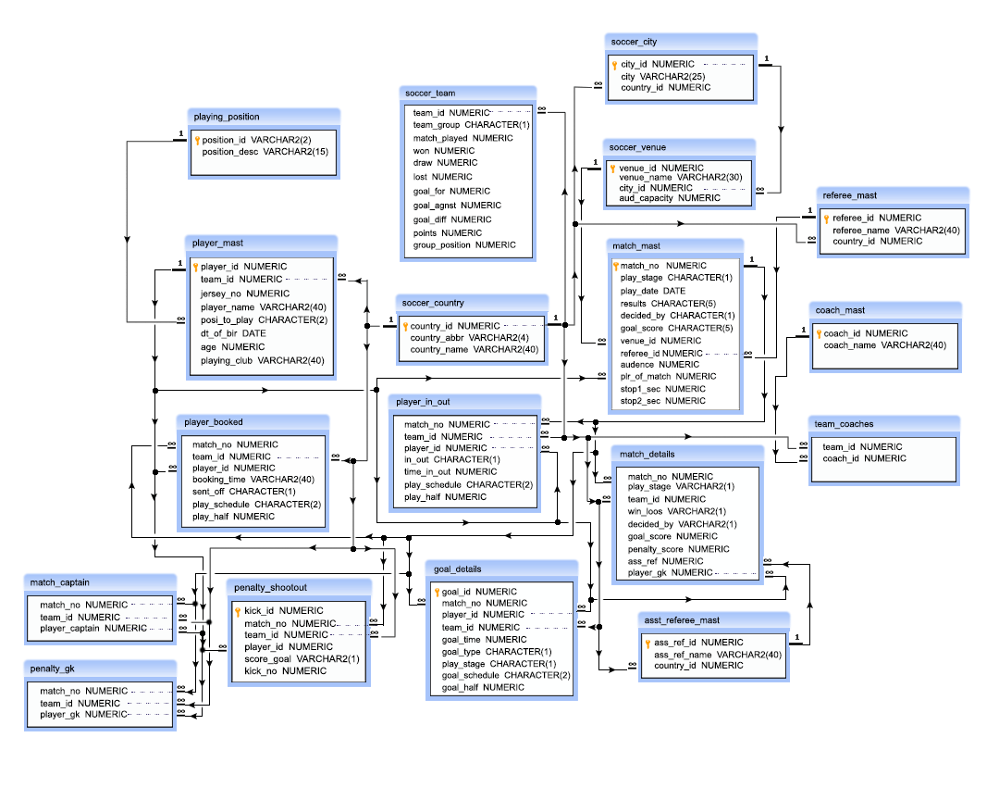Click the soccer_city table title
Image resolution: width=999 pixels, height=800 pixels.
(x=635, y=42)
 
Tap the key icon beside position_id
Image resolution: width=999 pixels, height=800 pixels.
(x=197, y=140)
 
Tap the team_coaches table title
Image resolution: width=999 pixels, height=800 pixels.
(x=844, y=423)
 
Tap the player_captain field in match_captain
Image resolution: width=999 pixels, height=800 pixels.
(x=93, y=628)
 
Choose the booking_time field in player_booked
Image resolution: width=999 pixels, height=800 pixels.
(x=253, y=480)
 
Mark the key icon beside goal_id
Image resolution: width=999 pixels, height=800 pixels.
(x=436, y=592)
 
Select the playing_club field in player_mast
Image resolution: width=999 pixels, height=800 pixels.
(x=263, y=360)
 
